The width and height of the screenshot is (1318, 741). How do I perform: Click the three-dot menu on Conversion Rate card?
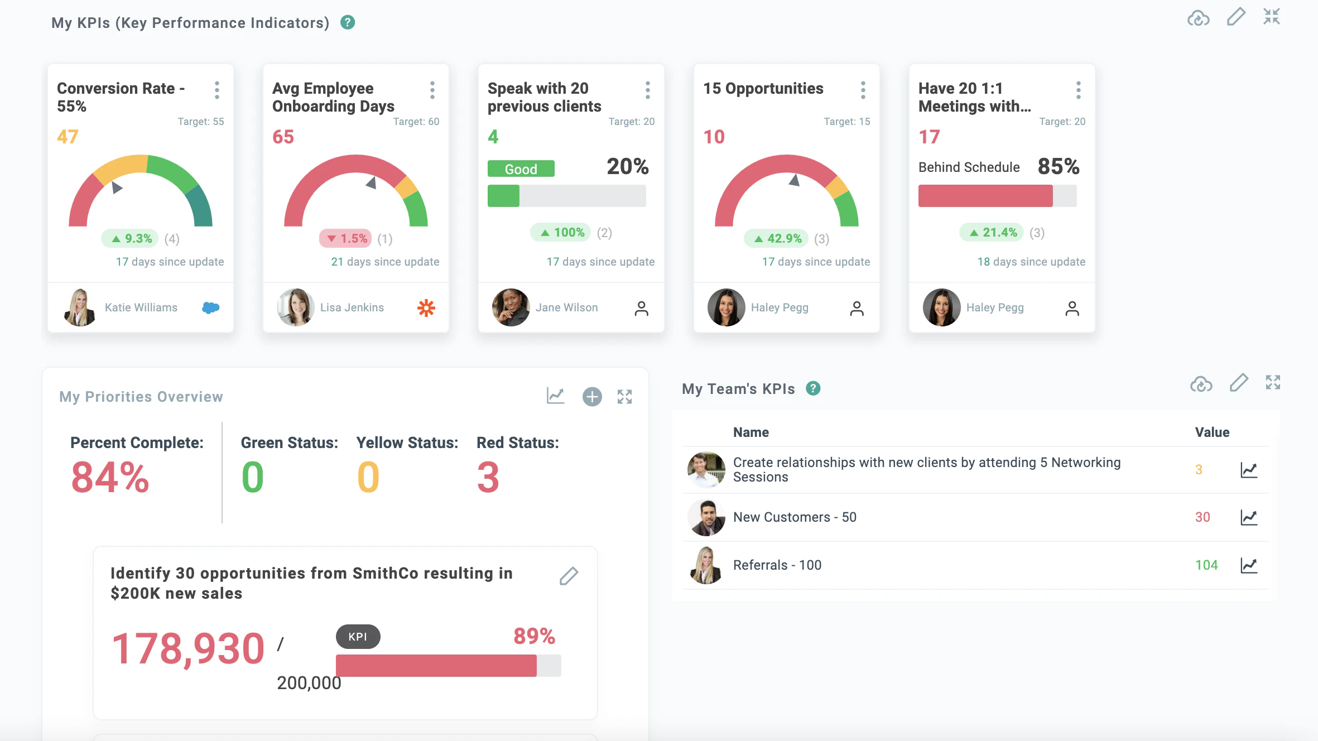(x=217, y=90)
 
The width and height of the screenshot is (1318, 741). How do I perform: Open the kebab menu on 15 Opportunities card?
(x=863, y=90)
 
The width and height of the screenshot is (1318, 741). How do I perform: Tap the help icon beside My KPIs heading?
(x=348, y=22)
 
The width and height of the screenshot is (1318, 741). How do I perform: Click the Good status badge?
(x=521, y=169)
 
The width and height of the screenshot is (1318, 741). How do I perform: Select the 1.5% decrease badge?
(x=346, y=239)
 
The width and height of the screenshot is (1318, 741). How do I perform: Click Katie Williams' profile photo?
(x=80, y=307)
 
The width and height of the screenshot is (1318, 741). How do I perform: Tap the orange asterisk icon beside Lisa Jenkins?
(x=426, y=307)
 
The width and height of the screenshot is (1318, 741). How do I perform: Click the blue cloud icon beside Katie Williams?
(x=210, y=307)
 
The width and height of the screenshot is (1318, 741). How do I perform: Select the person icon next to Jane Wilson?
(x=641, y=309)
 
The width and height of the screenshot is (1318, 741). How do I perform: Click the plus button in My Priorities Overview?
(x=592, y=397)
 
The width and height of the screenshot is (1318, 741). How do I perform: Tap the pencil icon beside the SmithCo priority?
(x=569, y=576)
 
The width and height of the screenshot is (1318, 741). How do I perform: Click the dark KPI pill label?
(x=358, y=637)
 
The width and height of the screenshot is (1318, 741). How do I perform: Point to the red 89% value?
(x=534, y=636)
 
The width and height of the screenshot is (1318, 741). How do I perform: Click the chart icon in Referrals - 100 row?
(x=1249, y=565)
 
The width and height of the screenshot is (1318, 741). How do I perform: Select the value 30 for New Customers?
(x=1202, y=517)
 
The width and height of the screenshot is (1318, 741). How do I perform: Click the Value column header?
(x=1212, y=432)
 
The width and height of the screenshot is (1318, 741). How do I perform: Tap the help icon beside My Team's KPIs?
(x=813, y=388)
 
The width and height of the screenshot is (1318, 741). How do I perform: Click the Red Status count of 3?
(x=488, y=478)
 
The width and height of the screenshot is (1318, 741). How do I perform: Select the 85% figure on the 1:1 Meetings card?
(x=1058, y=166)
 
